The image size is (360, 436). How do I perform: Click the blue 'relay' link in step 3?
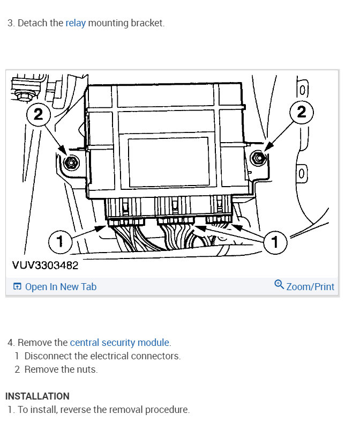tap(76, 24)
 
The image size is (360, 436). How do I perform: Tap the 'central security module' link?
tap(119, 342)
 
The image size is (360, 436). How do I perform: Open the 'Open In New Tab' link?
tap(61, 287)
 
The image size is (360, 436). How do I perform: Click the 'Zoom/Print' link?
tap(310, 287)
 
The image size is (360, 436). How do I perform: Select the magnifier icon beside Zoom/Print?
tap(279, 285)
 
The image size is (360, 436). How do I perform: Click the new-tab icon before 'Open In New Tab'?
tap(17, 287)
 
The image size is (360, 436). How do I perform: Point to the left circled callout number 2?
tap(39, 114)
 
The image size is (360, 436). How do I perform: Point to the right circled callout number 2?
tap(301, 112)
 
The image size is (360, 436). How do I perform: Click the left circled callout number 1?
tap(60, 242)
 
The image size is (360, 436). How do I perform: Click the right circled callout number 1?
tap(275, 242)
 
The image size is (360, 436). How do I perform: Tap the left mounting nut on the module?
tap(69, 162)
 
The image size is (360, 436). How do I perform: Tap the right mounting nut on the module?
tap(258, 158)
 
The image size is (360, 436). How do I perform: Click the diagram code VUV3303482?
tap(44, 265)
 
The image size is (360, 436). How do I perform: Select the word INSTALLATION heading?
tap(37, 396)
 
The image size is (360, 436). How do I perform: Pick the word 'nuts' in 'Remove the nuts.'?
tap(87, 369)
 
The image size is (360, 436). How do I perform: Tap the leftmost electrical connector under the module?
tap(126, 221)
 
